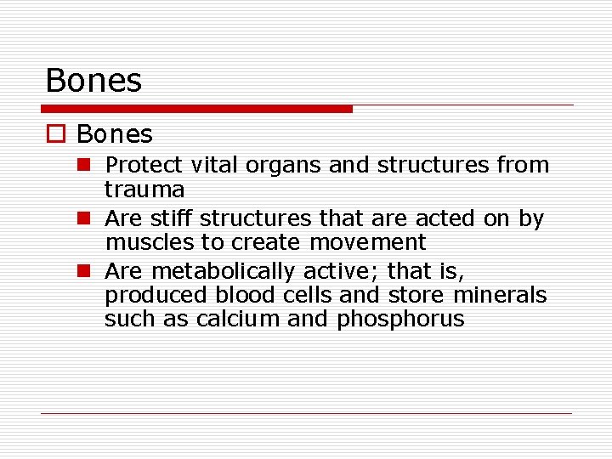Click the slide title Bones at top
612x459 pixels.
tap(93, 81)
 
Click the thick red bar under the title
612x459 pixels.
tap(196, 109)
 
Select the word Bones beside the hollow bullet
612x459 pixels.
tap(114, 134)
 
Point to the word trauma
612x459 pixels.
tap(144, 188)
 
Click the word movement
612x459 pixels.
tap(367, 242)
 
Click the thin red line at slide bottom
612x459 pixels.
tap(306, 414)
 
